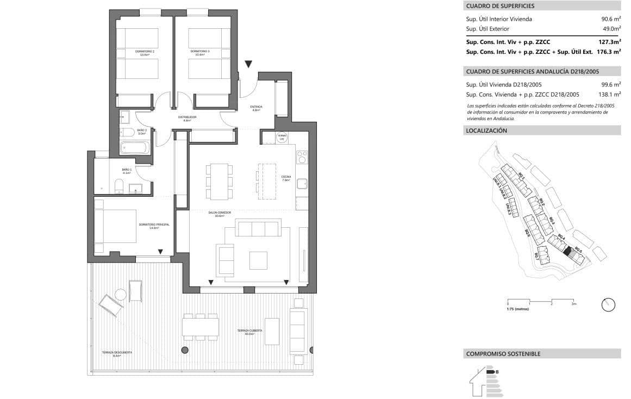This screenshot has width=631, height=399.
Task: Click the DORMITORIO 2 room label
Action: click(145, 53)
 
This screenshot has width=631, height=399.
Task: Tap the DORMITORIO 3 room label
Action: click(200, 53)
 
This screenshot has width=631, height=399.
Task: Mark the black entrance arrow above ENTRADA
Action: click(248, 64)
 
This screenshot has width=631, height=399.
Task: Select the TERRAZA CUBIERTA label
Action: click(250, 332)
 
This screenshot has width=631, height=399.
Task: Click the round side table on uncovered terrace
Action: click(121, 295)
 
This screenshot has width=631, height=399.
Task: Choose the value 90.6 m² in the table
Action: click(607, 19)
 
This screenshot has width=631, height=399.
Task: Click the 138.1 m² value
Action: click(609, 94)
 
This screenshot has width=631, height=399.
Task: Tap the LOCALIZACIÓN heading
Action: click(486, 130)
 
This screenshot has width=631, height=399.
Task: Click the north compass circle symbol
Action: click(608, 305)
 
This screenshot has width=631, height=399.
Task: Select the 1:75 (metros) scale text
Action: click(517, 309)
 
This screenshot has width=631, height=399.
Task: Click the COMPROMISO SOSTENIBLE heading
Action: click(503, 354)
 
